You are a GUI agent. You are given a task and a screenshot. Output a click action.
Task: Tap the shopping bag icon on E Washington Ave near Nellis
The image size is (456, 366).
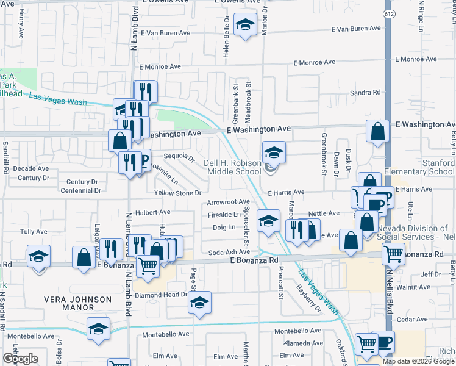tap(378, 131)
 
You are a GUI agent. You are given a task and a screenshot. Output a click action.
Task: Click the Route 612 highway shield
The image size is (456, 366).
tap(388, 13)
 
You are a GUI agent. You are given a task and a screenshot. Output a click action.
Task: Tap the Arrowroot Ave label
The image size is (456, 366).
tap(229, 202)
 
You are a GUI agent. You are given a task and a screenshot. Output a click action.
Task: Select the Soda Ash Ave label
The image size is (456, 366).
tap(230, 252)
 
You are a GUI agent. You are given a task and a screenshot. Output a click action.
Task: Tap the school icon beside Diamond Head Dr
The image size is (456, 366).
tap(199, 303)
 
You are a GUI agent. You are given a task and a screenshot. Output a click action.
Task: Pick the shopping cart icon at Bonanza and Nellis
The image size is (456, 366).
tap(394, 253)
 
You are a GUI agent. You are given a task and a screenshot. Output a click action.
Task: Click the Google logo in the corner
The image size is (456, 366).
tap(20, 358)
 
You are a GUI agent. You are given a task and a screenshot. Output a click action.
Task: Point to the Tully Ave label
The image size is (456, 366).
tap(34, 232)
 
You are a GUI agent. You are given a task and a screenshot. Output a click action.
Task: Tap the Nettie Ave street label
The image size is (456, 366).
tap(324, 213)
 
